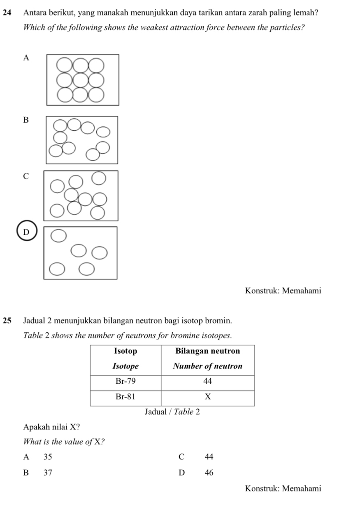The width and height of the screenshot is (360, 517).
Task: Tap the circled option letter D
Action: pos(27,232)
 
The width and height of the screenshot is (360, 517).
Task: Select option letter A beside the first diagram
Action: pos(27,58)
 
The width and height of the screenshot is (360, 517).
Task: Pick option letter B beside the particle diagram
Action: pos(27,120)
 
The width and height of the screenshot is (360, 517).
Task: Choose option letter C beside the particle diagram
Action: pos(27,176)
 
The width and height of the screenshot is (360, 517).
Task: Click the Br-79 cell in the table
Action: pos(125,381)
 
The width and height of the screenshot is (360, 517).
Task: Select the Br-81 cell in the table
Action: pos(125,397)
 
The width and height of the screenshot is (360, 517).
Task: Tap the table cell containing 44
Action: pos(207,381)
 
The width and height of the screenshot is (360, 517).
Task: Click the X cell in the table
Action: pos(207,397)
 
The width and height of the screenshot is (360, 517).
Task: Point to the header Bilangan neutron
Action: pos(207,351)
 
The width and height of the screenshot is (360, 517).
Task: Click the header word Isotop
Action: pos(125,351)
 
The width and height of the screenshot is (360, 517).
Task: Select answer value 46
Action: pos(209,473)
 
